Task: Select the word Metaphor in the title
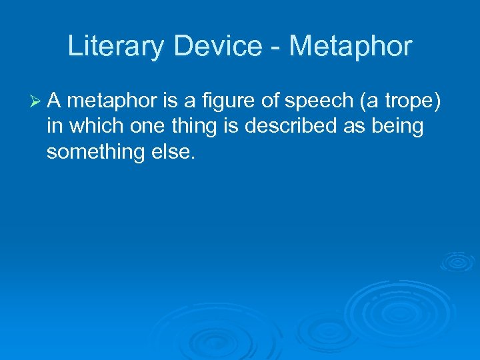[351, 47]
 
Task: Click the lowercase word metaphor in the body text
[111, 101]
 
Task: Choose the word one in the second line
[143, 127]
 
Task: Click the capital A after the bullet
[55, 101]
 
